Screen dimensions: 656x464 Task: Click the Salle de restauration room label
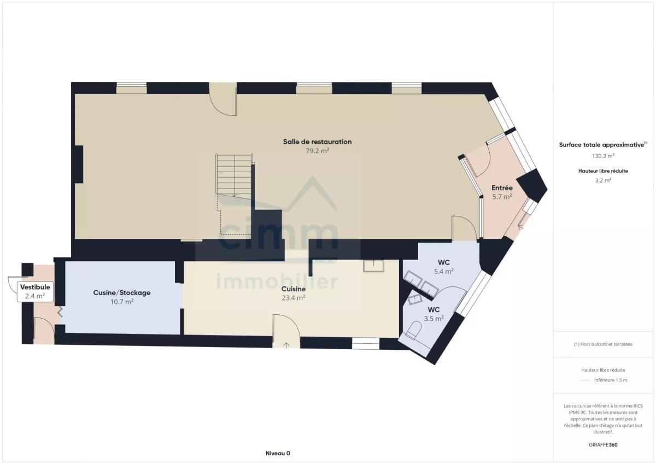(x=317, y=142)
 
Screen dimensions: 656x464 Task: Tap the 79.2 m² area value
(x=317, y=151)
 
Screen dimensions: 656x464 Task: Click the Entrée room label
(x=502, y=187)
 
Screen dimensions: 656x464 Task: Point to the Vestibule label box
(x=35, y=291)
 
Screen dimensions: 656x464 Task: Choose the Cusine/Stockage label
(x=122, y=293)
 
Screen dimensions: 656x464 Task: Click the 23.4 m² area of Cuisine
(x=294, y=298)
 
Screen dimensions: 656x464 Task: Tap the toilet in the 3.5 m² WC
(x=414, y=331)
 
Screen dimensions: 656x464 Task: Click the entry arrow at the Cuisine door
(x=286, y=345)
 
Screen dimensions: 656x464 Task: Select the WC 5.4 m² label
(x=444, y=267)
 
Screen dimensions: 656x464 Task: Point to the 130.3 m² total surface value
(x=603, y=156)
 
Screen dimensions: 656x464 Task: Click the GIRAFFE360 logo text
(x=603, y=445)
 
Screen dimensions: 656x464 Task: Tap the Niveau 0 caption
(x=278, y=454)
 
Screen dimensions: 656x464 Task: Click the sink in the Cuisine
(x=373, y=266)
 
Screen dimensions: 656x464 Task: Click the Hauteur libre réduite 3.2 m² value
(x=603, y=180)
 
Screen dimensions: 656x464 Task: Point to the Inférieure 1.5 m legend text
(x=611, y=380)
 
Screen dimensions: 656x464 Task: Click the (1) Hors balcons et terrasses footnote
(x=603, y=344)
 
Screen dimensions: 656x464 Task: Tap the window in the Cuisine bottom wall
(x=366, y=343)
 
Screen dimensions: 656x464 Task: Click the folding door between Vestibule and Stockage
(x=61, y=312)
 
